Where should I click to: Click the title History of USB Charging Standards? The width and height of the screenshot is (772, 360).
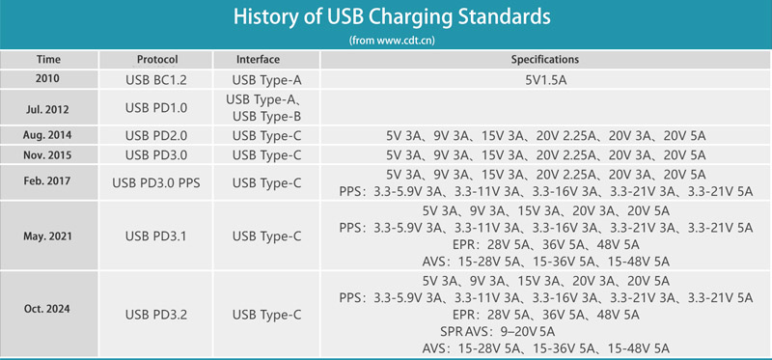385,19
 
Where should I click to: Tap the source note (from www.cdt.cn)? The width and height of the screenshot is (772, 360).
385,42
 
